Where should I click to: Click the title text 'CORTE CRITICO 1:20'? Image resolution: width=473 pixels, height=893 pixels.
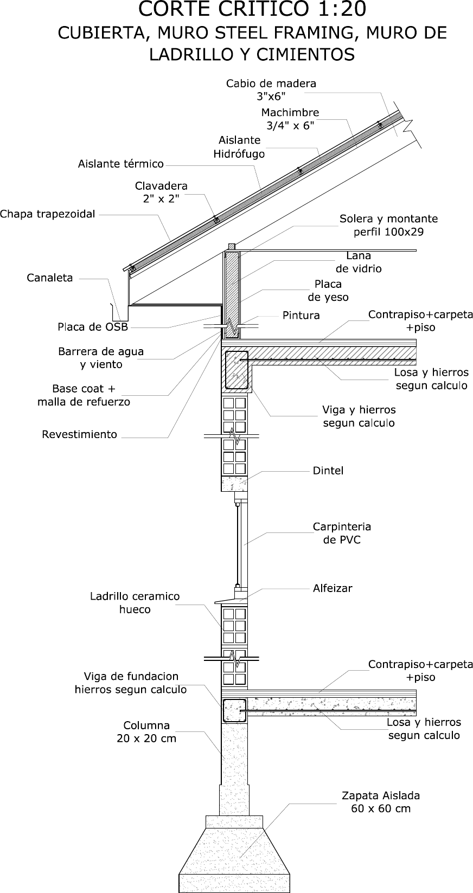click(252, 9)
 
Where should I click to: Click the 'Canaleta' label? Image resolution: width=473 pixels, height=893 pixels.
click(50, 278)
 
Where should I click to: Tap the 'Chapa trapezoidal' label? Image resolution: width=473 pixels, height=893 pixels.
click(48, 214)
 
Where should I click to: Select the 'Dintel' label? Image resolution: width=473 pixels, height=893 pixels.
click(328, 471)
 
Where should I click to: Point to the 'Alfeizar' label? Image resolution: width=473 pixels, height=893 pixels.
click(333, 588)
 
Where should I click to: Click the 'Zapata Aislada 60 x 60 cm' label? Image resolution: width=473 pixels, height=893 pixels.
click(381, 802)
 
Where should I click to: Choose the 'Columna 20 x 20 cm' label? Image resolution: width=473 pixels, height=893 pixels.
click(146, 732)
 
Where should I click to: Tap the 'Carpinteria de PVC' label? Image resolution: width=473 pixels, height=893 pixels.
click(342, 533)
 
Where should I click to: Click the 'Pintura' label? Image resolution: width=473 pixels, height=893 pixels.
click(301, 316)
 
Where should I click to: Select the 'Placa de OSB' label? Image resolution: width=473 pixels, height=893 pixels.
click(93, 327)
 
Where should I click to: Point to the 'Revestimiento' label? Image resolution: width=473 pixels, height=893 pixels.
click(80, 434)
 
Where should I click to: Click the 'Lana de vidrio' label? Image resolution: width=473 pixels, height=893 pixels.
click(359, 262)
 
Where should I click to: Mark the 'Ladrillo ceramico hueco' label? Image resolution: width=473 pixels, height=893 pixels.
click(135, 603)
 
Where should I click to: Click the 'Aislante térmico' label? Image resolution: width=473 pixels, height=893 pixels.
click(121, 164)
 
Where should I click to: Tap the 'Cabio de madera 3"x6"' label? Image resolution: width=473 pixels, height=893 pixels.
click(271, 89)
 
